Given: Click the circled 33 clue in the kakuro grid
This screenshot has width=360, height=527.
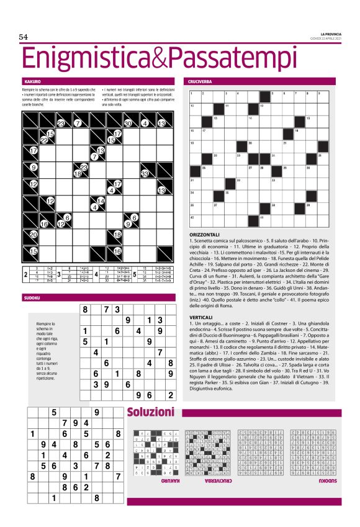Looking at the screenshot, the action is point(145,174).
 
